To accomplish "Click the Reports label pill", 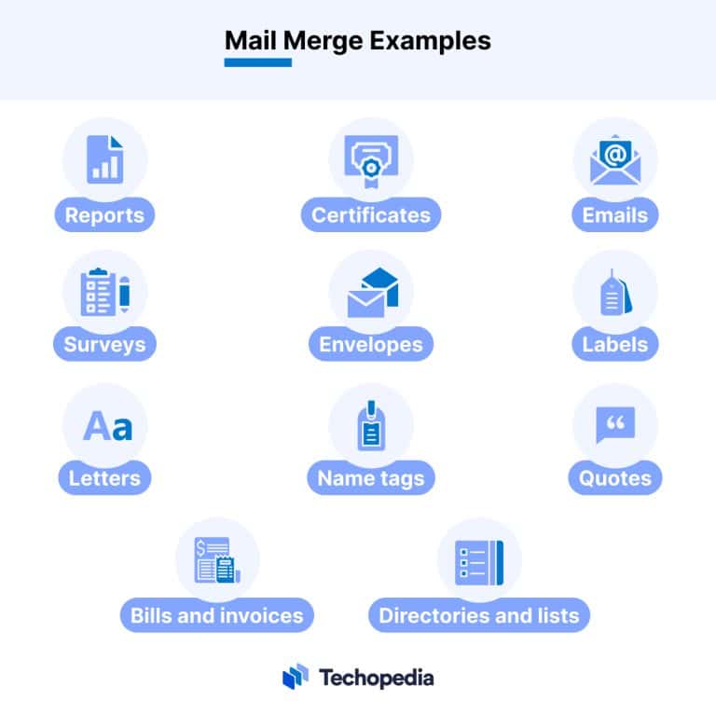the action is pos(104,215).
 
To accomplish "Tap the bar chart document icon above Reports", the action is pos(105,159).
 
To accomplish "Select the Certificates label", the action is pos(371,215).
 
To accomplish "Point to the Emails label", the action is pos(615,215).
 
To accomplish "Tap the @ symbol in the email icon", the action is pos(615,154).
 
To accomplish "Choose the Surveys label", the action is pos(104,344).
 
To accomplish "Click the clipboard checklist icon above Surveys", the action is pos(105,291).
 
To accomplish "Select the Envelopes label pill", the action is pos(371,344).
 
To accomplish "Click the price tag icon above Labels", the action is pos(616,293).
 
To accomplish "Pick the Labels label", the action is pos(615,344).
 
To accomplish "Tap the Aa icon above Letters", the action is pos(108,425).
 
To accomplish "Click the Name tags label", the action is pos(371,478).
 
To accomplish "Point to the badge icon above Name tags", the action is pos(371,425).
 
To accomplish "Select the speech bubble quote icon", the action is pos(615,424).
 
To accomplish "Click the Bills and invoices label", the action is pos(217,615).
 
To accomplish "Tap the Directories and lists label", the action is pos(479,615).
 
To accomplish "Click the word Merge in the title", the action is pos(324,42).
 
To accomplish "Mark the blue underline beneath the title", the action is pos(258,62).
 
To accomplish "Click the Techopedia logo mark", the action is pos(296,676).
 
